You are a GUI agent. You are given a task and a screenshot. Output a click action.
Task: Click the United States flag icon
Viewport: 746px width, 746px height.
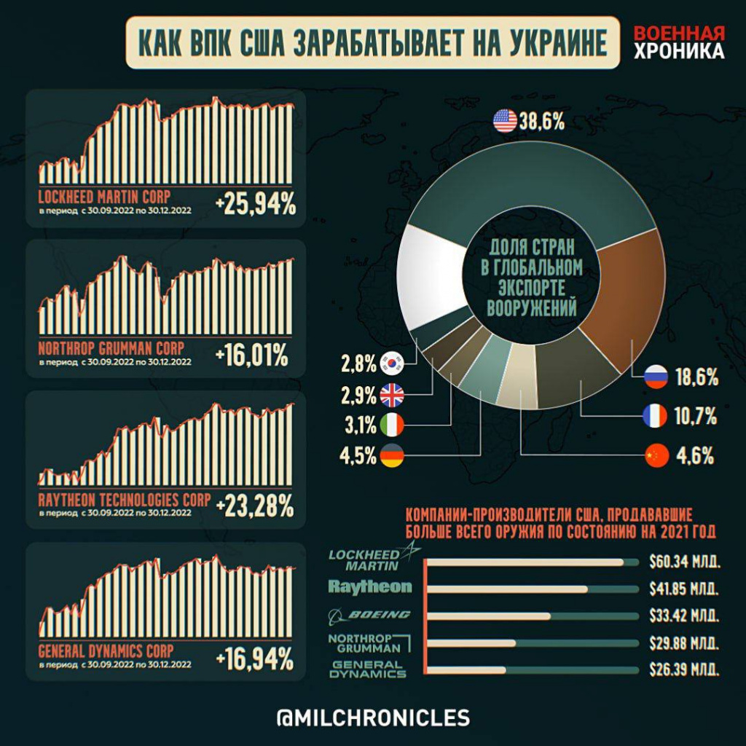[x=504, y=121]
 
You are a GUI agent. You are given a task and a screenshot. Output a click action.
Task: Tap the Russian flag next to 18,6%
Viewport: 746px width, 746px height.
[x=656, y=377]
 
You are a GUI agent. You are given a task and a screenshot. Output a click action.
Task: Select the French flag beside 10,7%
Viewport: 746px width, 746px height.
[x=656, y=416]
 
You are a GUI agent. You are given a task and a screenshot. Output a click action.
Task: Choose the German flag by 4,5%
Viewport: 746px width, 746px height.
[x=392, y=458]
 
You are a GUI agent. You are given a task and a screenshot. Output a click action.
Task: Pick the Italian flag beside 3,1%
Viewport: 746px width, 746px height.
[x=392, y=422]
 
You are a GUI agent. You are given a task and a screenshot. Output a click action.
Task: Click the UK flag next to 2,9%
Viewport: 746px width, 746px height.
[x=392, y=396]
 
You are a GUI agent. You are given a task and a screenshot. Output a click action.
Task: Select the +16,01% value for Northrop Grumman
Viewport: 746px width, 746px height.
[x=252, y=356]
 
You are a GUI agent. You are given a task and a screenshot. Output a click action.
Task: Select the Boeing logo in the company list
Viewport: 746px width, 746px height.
[x=370, y=615]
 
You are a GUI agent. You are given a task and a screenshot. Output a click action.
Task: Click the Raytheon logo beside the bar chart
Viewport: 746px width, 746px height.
[x=370, y=586]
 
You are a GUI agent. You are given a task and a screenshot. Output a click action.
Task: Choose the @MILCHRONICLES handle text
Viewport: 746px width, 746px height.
[x=373, y=717]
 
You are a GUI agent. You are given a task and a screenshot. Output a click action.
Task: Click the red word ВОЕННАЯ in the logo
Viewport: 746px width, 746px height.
[x=679, y=35]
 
